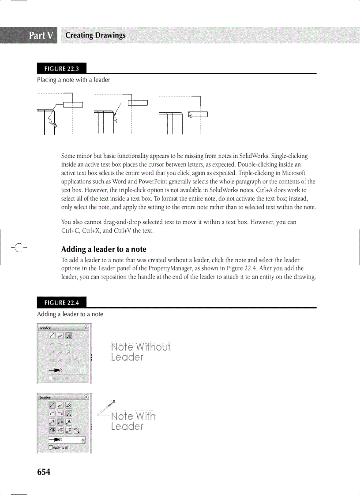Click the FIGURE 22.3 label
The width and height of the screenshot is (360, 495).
61,68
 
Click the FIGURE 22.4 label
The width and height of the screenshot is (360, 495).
61,303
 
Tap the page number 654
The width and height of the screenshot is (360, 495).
44,472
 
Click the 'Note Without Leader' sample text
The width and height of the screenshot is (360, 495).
140,352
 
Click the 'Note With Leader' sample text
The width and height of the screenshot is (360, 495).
133,421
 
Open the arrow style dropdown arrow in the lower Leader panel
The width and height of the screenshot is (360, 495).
83,439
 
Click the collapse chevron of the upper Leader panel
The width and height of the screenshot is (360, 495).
86,328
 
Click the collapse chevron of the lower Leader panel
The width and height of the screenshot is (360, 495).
86,397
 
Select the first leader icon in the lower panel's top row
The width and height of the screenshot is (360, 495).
52,405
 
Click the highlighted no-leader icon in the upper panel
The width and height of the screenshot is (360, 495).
69,336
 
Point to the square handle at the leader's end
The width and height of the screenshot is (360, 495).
114,402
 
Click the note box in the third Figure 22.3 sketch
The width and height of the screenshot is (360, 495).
198,115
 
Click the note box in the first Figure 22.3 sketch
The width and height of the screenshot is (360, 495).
73,104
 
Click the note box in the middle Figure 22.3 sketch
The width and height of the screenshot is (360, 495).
137,103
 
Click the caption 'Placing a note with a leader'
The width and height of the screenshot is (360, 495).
73,80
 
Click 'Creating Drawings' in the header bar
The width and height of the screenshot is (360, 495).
95,36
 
